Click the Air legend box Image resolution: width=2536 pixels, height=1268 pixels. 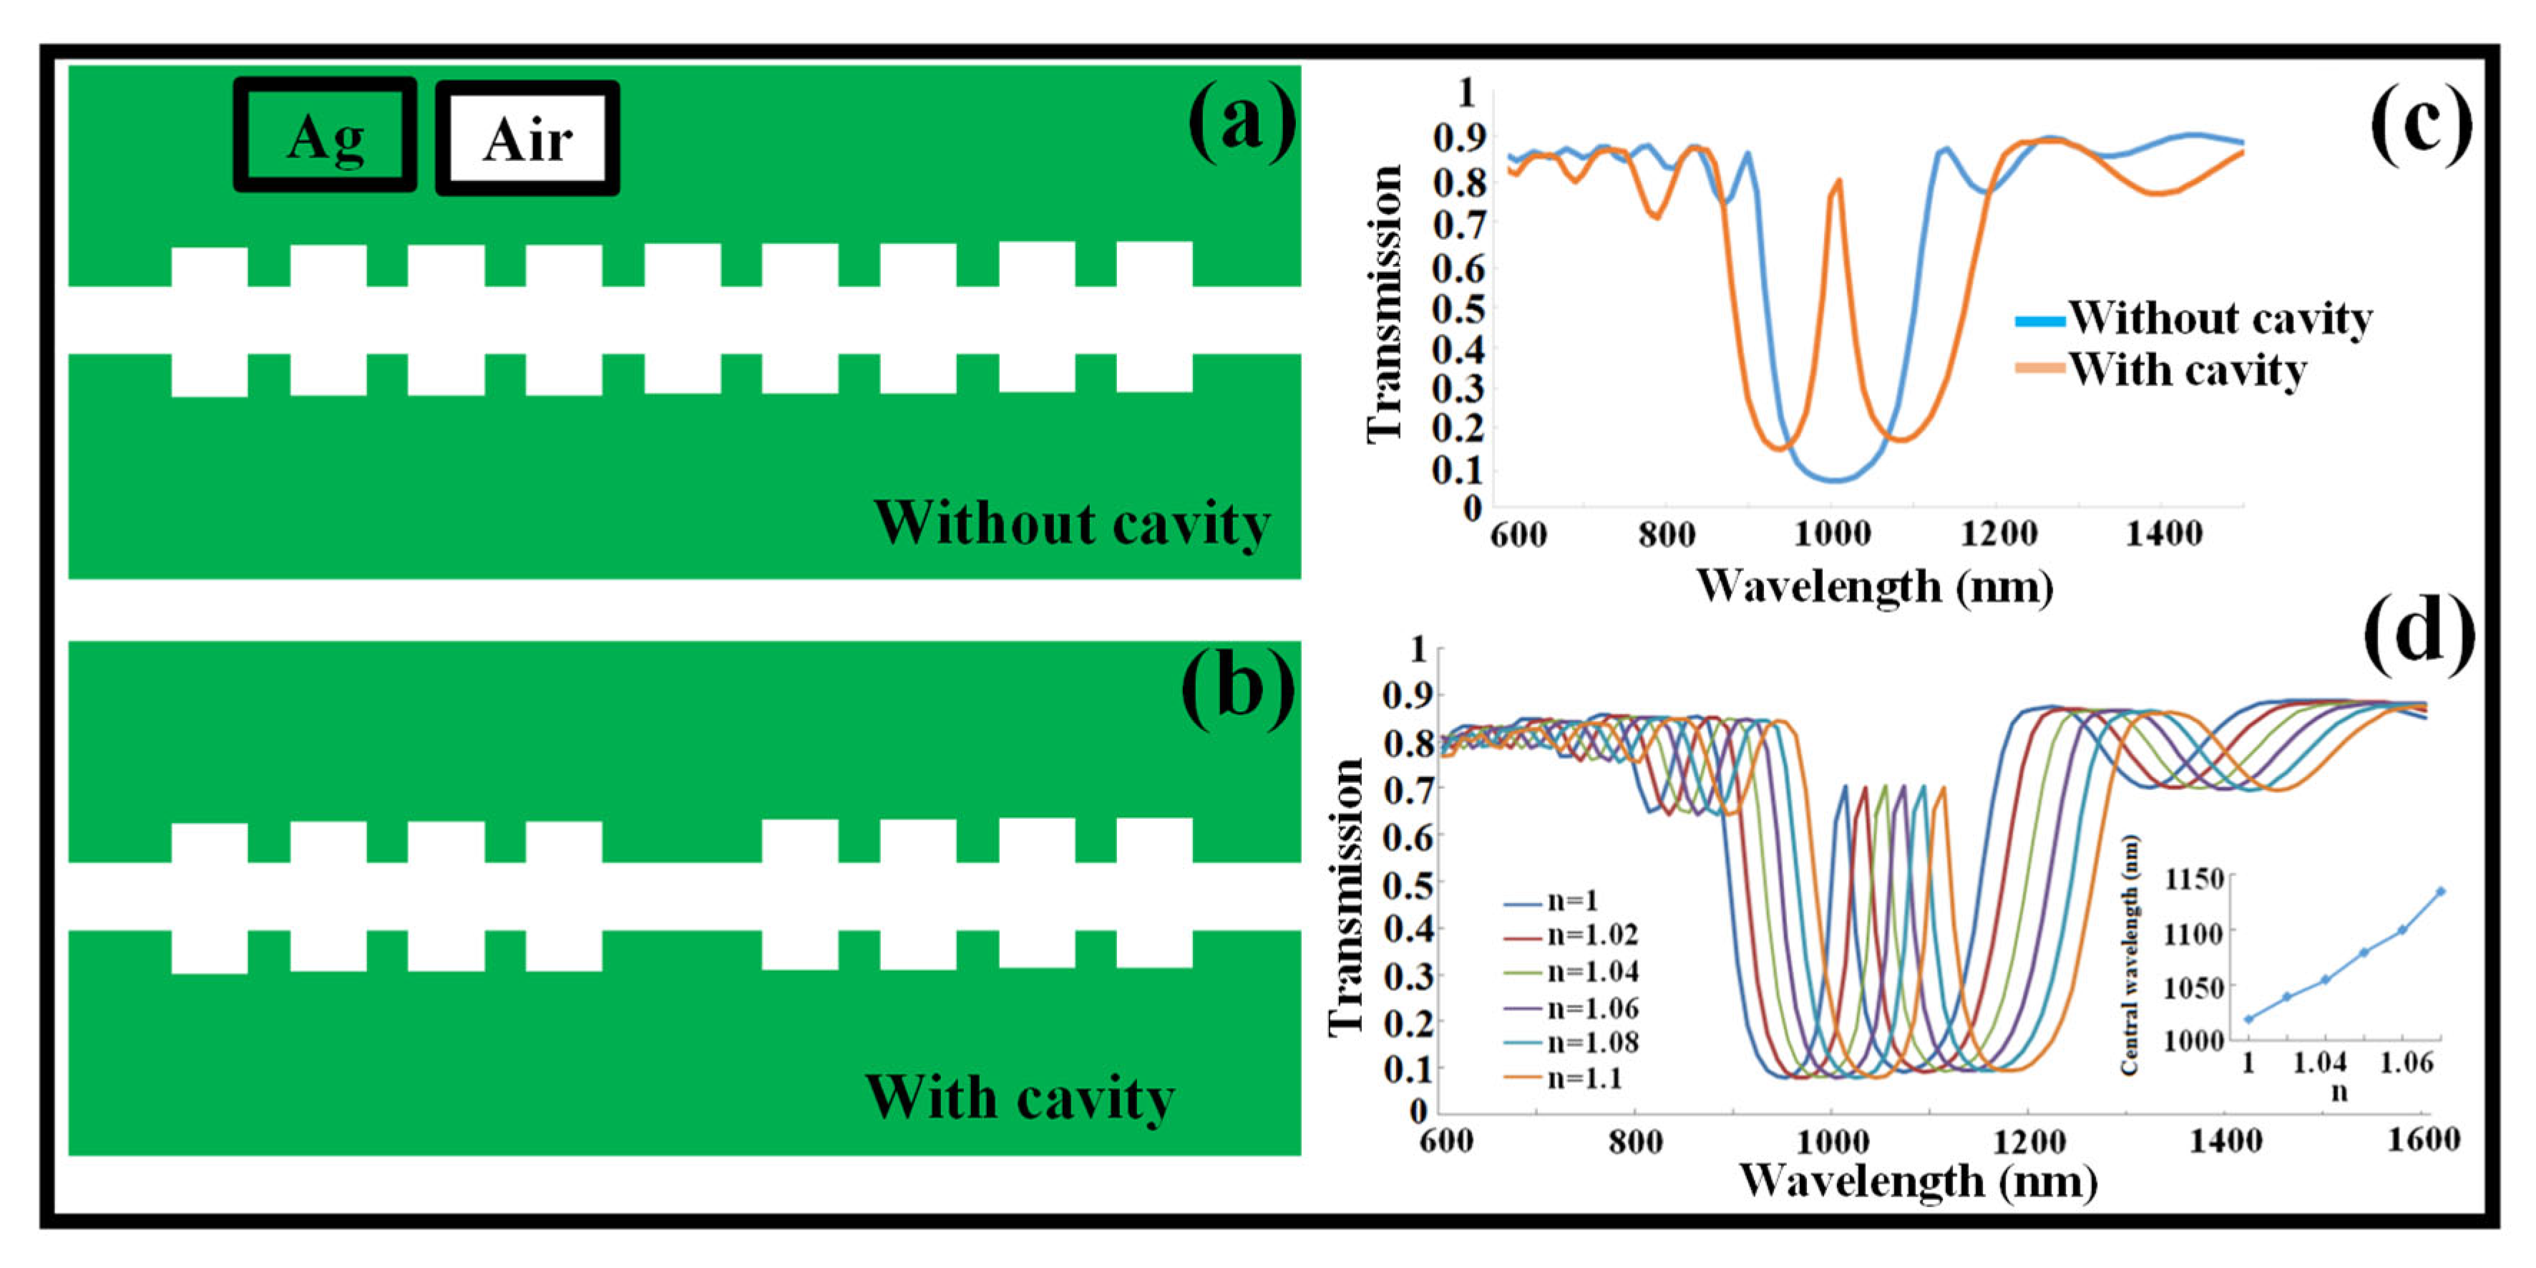click(527, 138)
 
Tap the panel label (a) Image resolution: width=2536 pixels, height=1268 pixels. click(1242, 122)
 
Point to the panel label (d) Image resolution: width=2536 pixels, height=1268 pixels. click(2419, 634)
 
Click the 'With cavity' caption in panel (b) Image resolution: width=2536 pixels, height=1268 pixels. click(1020, 1098)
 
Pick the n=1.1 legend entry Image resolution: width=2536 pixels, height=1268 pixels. click(1565, 1078)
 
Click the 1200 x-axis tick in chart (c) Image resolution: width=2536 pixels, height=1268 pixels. click(1999, 534)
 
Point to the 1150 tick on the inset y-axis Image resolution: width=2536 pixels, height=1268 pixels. click(2193, 878)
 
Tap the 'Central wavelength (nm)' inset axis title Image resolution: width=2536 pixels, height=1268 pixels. click(2130, 955)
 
